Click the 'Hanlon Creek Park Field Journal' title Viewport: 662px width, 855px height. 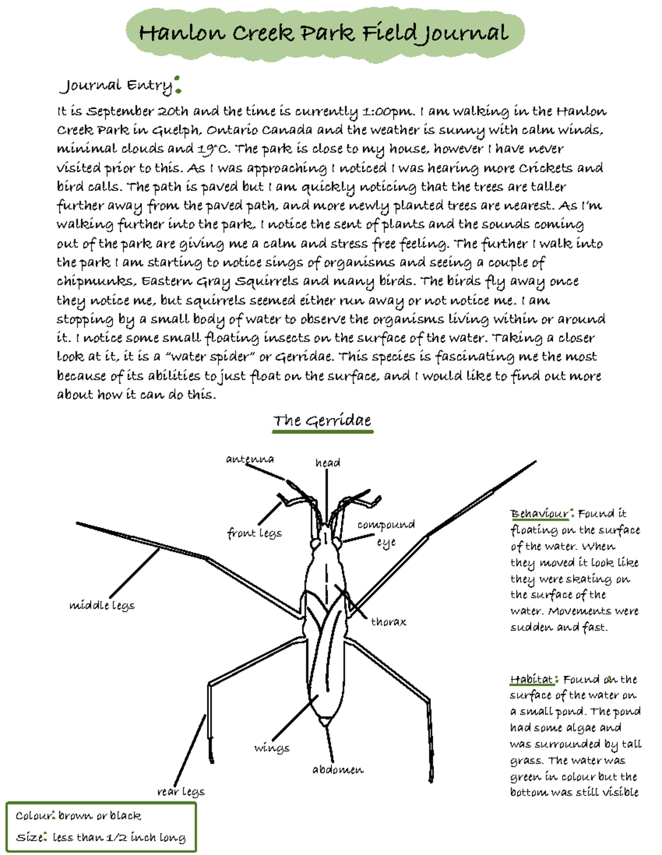323,33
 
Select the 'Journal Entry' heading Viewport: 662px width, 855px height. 116,85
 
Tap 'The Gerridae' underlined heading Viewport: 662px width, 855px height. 322,421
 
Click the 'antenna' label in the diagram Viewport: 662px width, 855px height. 250,459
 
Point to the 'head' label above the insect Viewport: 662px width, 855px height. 328,463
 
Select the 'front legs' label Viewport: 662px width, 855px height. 254,533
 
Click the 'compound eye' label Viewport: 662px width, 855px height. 386,533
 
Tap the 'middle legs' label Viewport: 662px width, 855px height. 102,605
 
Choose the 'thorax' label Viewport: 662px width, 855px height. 388,622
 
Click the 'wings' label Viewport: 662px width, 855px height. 272,748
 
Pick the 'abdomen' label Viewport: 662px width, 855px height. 338,769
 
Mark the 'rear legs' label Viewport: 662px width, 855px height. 181,792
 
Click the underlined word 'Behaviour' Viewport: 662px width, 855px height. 539,514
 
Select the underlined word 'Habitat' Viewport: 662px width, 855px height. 531,679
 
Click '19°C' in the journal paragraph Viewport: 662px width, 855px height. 213,149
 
